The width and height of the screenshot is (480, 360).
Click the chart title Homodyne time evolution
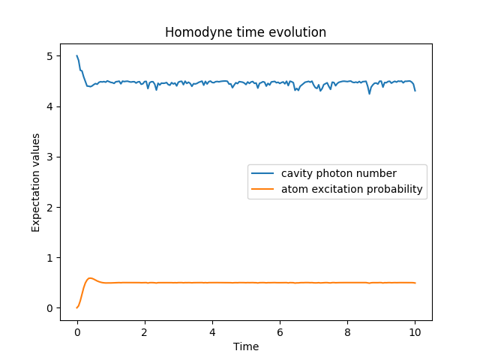point(245,33)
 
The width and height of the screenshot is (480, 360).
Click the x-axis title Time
point(245,346)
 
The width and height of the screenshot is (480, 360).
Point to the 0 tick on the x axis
point(77,332)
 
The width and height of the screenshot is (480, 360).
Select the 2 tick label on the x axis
point(145,332)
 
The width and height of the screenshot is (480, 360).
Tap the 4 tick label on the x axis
point(212,332)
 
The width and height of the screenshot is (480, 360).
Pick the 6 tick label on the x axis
point(280,332)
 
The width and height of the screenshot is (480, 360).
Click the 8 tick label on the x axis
point(347,332)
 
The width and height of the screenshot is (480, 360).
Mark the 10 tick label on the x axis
point(415,332)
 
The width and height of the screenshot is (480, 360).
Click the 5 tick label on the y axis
point(49,56)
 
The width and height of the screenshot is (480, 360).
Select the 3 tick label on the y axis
point(49,157)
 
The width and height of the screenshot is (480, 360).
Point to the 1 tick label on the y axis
point(49,258)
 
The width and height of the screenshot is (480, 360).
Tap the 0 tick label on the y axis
point(49,308)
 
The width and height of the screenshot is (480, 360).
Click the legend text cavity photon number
point(338,174)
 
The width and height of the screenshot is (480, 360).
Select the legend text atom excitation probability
point(352,189)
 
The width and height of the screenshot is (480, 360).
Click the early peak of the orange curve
point(90,278)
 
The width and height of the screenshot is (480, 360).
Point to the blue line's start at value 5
point(77,56)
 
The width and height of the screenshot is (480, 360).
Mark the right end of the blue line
point(415,90)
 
